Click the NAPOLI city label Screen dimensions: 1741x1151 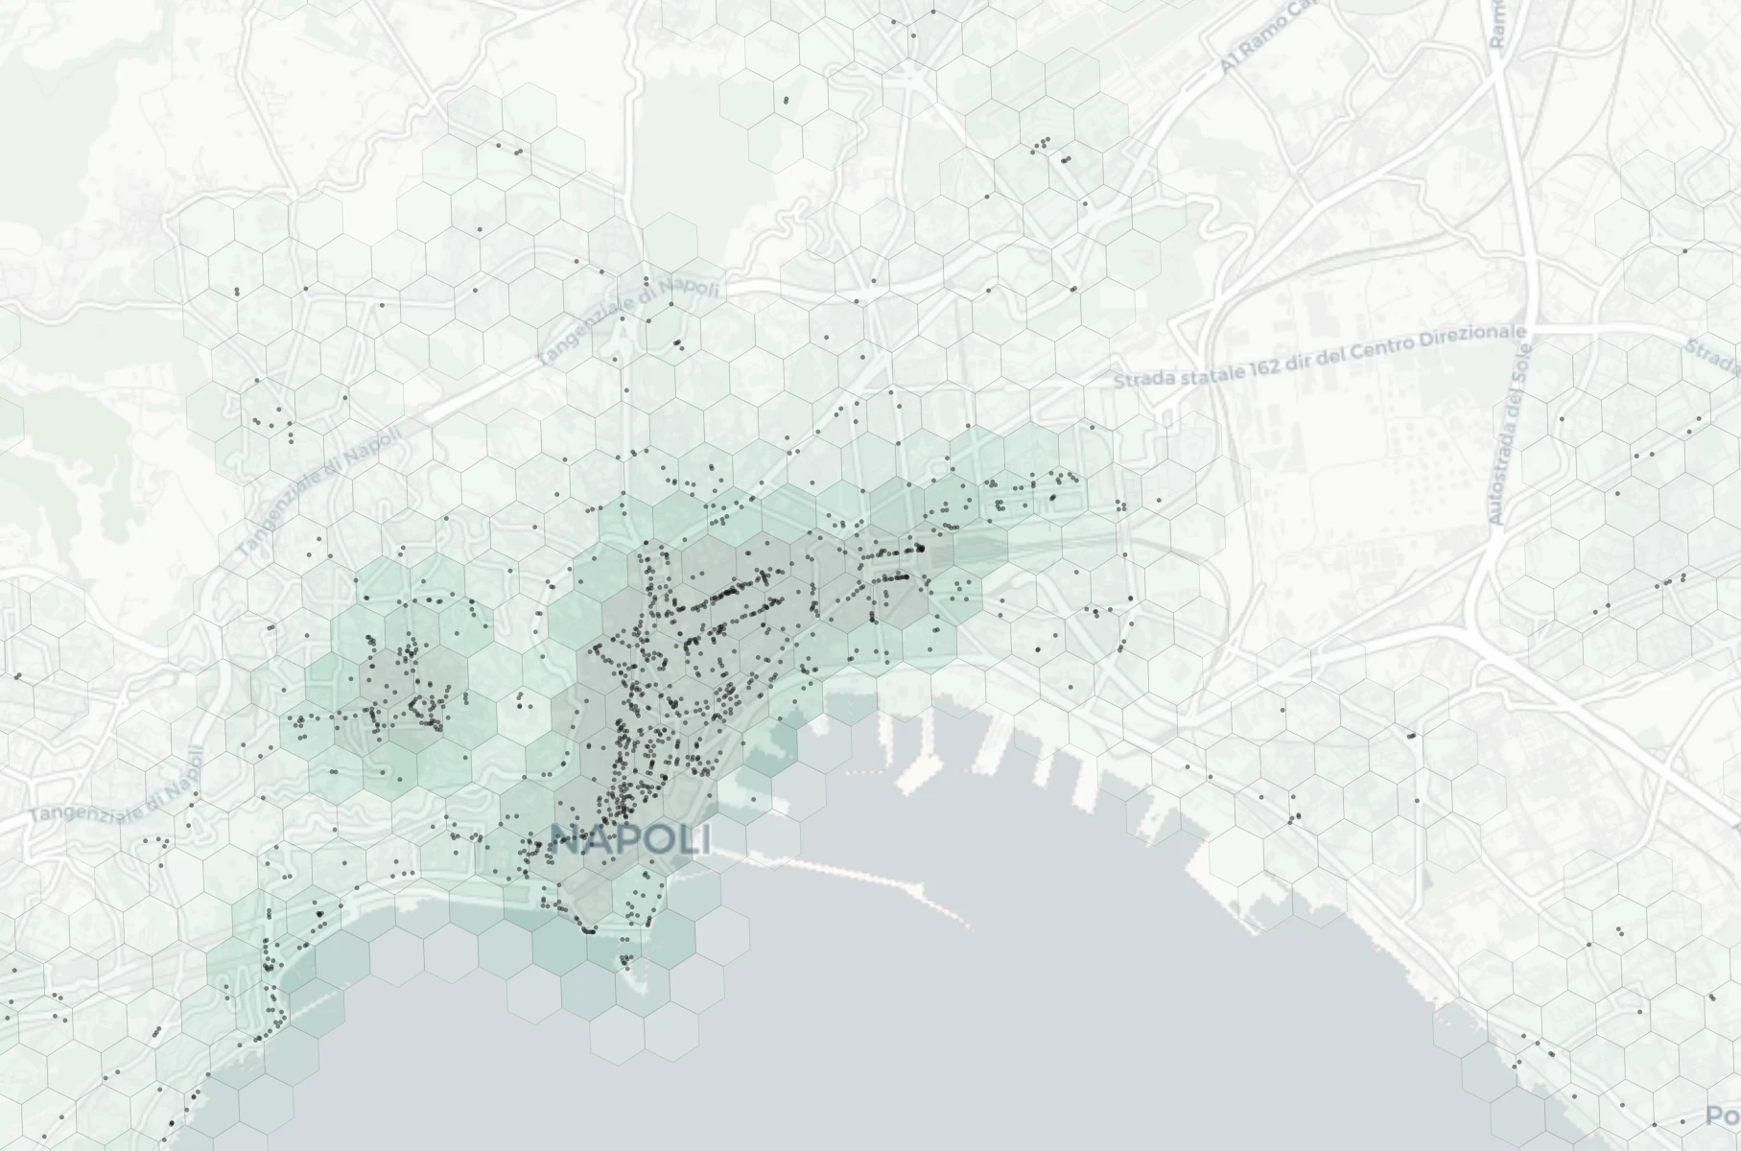pyautogui.click(x=631, y=841)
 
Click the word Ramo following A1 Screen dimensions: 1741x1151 pyautogui.click(x=1257, y=43)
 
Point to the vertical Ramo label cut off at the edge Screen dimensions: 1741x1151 pyautogui.click(x=1497, y=23)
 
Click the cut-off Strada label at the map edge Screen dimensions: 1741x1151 pyautogui.click(x=1716, y=357)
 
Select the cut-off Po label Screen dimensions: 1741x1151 pyautogui.click(x=1723, y=1116)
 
